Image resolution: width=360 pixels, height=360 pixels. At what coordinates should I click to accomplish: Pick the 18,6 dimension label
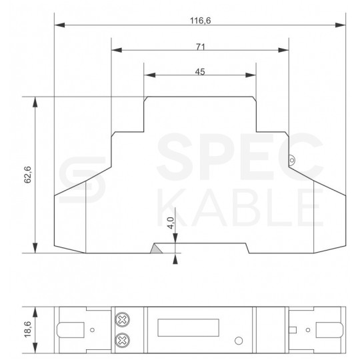pyautogui.click(x=27, y=329)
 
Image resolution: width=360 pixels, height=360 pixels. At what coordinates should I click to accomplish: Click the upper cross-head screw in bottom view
pyautogui.click(x=122, y=319)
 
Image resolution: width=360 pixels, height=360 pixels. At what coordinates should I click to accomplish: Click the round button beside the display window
pyautogui.click(x=238, y=341)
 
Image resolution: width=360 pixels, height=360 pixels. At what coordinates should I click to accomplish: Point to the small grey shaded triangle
pyautogui.click(x=155, y=248)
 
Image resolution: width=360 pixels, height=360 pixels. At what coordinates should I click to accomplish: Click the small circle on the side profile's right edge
pyautogui.click(x=292, y=159)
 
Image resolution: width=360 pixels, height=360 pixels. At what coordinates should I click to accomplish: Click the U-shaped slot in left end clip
pyautogui.click(x=69, y=329)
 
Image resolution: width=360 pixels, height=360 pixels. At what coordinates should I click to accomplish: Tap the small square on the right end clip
pyautogui.click(x=292, y=329)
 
